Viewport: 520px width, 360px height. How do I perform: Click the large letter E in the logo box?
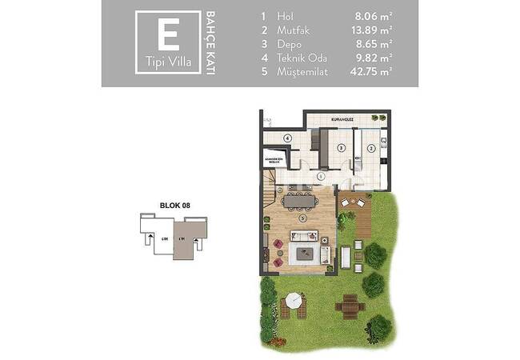click(167, 36)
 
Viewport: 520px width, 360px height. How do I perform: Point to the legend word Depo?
click(290, 44)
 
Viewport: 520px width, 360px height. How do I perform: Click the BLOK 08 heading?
click(174, 206)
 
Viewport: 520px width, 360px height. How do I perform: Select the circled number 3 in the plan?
click(341, 148)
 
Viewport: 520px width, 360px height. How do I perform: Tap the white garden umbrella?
click(294, 301)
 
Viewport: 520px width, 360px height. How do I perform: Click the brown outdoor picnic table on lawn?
click(350, 304)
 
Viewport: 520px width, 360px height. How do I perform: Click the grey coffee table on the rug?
click(306, 254)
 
